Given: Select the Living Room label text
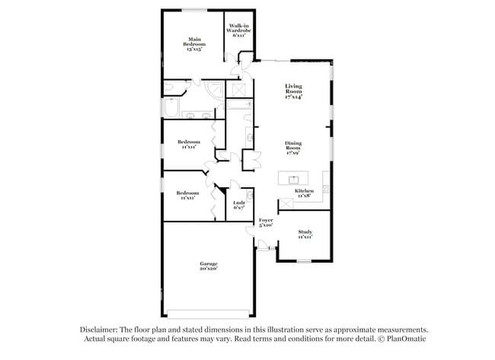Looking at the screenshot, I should point(293,88).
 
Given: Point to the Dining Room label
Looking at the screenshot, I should point(293,145).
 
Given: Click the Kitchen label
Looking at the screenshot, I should point(304,190).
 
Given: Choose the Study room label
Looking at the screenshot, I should point(305,232).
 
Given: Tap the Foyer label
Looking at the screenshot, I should point(266,220).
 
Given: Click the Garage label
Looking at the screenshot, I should point(209,263).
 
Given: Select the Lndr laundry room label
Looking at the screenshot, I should point(238,203).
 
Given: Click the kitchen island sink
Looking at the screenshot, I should point(295,180).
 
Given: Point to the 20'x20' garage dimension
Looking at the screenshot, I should point(209,269).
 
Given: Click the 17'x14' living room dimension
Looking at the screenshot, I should point(293,97).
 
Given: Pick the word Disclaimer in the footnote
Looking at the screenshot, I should point(99,330).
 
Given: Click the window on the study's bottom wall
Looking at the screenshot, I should point(304,261).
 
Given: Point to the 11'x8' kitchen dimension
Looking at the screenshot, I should point(304,196).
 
